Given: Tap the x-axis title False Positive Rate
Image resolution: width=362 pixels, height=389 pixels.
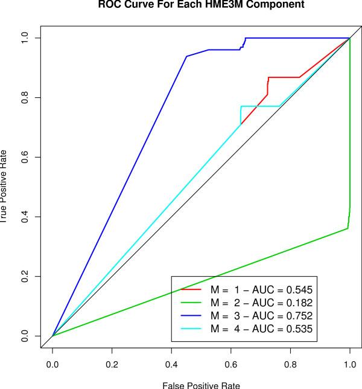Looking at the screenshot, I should pos(201,384).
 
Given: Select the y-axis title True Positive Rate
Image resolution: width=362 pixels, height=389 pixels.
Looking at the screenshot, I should pos(5,187).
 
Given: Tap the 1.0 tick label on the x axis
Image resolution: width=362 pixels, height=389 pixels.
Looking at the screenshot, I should pos(349,365).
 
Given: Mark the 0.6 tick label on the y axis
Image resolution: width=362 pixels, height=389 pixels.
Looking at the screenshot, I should pos(25,157).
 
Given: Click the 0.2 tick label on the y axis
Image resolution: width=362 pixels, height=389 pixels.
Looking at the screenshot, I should pos(25,276).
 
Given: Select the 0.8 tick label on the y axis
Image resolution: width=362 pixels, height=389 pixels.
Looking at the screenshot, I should pos(25,97).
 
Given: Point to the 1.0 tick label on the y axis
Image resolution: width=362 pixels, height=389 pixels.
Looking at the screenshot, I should pos(25,38).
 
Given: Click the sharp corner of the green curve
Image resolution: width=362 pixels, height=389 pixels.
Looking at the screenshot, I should pos(348,228).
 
